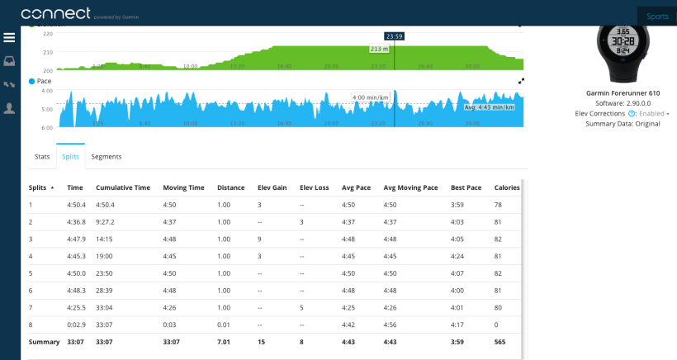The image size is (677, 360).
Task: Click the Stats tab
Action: [42, 156]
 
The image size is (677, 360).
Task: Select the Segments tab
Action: [107, 156]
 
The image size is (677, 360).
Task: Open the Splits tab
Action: [70, 156]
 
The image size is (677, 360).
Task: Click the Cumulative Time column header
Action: [123, 187]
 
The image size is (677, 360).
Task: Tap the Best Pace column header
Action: [466, 187]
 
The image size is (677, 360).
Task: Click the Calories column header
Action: [507, 187]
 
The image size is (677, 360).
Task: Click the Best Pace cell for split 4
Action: [459, 256]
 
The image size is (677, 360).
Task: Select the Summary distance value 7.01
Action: [224, 342]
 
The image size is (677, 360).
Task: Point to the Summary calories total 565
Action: [500, 342]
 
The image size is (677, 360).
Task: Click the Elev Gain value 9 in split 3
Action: [259, 239]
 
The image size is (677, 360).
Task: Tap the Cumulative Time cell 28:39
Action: [105, 291]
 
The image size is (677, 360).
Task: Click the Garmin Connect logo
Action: [56, 13]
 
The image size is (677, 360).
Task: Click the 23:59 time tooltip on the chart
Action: [394, 36]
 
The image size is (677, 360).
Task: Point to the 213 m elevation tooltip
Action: [379, 50]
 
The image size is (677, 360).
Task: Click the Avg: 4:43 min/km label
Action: [489, 107]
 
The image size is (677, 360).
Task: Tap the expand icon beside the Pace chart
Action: [521, 81]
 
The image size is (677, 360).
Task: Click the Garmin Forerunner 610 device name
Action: [623, 93]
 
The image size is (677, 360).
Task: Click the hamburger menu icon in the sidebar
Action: [9, 38]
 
